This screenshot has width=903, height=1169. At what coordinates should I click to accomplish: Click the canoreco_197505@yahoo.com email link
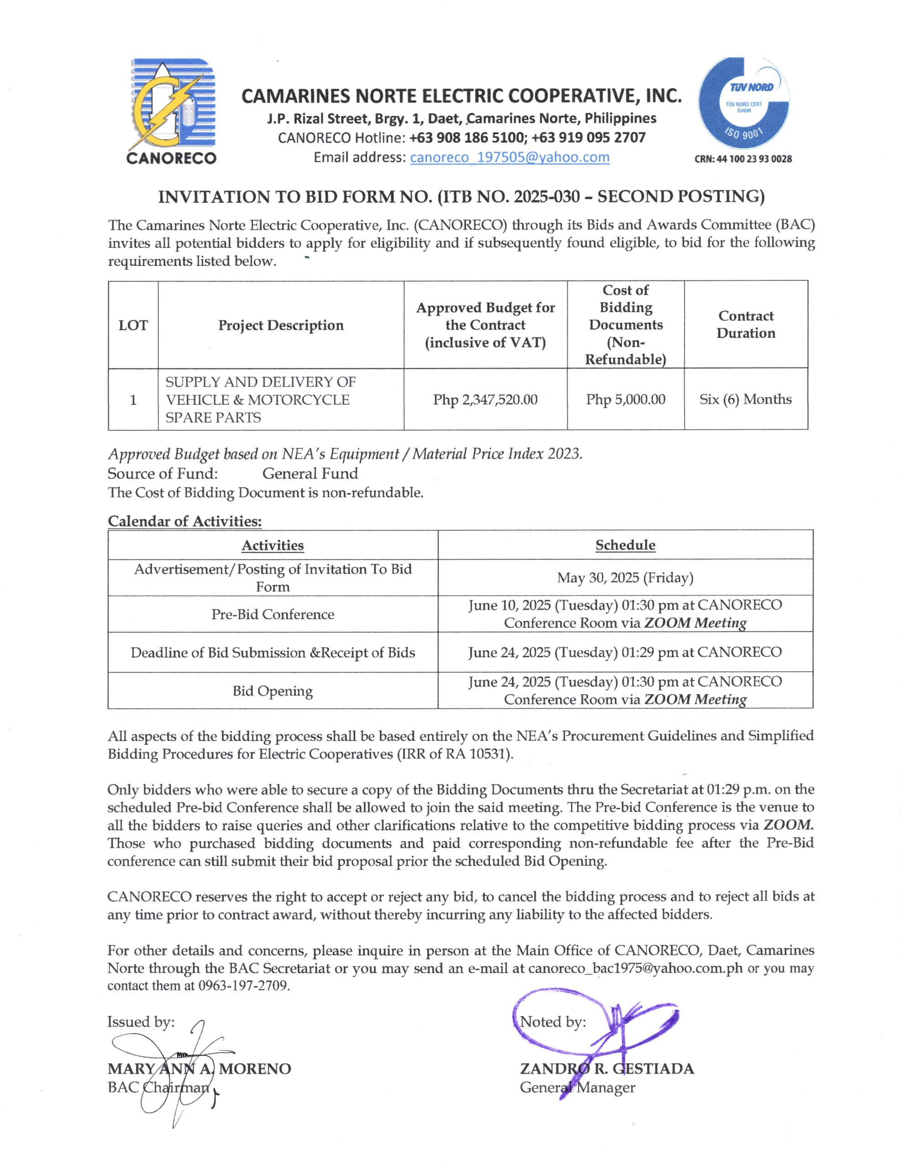point(509,158)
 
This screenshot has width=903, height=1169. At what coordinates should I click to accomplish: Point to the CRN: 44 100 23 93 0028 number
point(743,159)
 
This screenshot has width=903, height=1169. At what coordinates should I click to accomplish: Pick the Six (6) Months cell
point(745,399)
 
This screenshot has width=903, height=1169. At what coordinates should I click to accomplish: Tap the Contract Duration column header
point(745,324)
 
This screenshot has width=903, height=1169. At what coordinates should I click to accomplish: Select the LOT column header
point(133,326)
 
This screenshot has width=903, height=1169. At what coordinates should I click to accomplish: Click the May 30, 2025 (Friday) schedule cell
point(625,578)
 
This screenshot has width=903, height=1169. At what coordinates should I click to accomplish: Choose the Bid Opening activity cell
point(273,691)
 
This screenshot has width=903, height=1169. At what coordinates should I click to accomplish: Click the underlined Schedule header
point(625,545)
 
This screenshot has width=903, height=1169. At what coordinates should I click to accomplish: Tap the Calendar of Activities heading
point(185,521)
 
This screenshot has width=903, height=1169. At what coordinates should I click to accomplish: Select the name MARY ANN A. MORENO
point(199,1069)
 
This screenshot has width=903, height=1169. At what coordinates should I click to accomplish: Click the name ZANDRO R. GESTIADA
point(606,1069)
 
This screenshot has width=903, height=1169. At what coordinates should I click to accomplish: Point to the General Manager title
point(577,1088)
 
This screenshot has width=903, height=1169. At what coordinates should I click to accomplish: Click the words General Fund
point(310,474)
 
